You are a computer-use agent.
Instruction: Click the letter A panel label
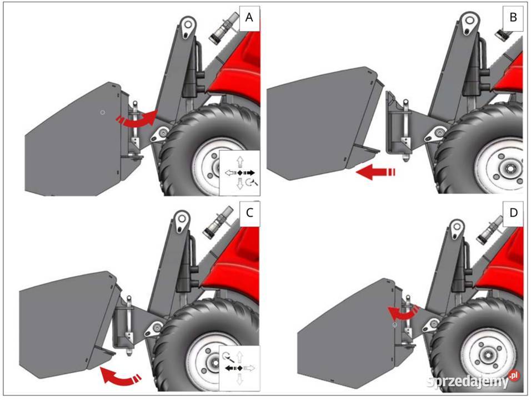tap(249, 17)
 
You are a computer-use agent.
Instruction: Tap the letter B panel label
tap(513, 17)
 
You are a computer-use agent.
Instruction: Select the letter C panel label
tap(249, 213)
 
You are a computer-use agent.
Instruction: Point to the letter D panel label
tap(513, 213)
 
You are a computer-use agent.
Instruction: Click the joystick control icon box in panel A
tap(240, 173)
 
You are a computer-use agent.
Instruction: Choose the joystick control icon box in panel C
tap(239, 368)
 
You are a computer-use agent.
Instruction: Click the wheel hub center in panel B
tap(509, 168)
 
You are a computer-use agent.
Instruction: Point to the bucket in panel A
tap(73, 142)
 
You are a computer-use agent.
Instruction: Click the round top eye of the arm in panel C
tap(181, 219)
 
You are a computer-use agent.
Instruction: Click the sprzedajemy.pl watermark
tap(473, 381)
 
